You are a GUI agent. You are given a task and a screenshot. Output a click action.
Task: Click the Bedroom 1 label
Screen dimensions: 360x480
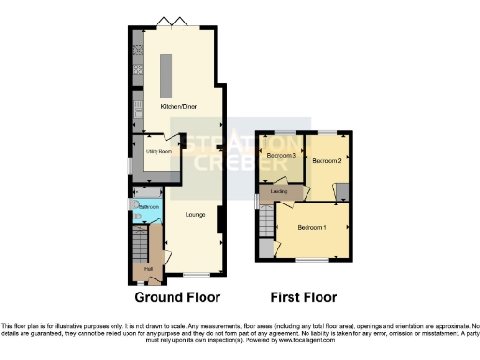click(312, 228)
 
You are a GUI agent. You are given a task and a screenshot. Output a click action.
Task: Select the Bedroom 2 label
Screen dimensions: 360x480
click(325, 161)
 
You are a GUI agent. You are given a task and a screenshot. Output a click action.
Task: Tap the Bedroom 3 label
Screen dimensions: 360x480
click(281, 155)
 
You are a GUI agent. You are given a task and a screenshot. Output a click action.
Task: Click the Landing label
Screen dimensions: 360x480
click(278, 193)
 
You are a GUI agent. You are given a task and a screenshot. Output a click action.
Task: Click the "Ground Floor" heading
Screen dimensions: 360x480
click(177, 298)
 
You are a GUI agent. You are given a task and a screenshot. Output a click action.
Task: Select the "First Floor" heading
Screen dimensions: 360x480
click(304, 298)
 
